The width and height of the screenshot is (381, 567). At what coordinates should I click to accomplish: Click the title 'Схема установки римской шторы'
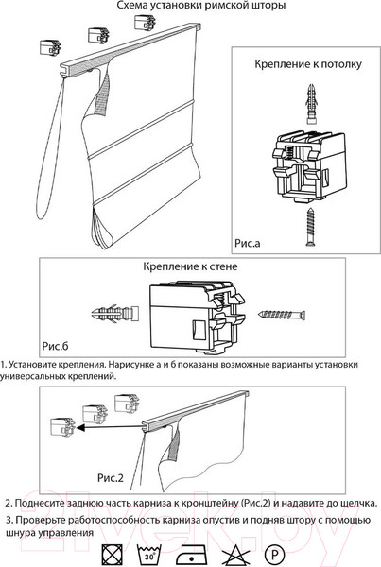coord(200,6)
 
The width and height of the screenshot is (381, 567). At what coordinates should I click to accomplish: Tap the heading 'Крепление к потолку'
coord(308,64)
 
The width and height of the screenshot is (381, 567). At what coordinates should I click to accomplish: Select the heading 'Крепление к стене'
coord(190,266)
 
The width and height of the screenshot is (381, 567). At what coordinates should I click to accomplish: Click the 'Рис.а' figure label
coord(248,243)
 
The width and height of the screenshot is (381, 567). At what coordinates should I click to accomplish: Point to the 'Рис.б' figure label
coord(55,346)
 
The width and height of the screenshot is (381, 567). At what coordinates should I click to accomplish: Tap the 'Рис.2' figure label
coord(111,478)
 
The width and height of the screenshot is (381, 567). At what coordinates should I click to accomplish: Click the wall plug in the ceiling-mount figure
coord(311,104)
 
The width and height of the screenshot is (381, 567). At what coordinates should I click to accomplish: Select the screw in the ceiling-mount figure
coord(310,227)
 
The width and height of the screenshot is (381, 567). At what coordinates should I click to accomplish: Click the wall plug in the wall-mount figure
coord(115,313)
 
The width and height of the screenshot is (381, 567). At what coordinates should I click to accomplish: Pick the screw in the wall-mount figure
coord(283,315)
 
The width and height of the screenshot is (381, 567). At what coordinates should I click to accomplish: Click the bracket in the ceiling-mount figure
coord(309,166)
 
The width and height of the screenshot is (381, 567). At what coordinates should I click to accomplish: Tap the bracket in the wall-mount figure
coord(198,318)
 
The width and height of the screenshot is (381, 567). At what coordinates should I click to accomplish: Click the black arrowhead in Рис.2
coord(80,428)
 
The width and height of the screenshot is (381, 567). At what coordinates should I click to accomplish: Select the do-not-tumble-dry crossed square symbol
coord(113,554)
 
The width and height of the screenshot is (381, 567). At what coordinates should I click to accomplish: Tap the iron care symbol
coord(191,555)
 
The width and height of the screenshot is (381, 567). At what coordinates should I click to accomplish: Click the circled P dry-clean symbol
coord(274,554)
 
